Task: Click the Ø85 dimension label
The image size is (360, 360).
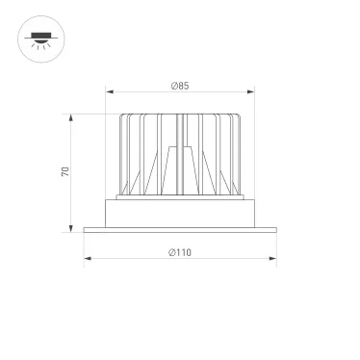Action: click(x=179, y=87)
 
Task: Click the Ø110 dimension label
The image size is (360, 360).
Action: click(x=180, y=252)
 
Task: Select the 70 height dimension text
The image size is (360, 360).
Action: click(x=65, y=172)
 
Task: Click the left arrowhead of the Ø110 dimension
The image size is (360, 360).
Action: click(x=86, y=259)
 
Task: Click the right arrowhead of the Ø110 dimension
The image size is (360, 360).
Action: click(x=274, y=259)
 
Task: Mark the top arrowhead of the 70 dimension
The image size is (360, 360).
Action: click(x=73, y=116)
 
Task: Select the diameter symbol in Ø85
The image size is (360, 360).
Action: click(x=172, y=87)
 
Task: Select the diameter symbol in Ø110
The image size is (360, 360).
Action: click(x=170, y=252)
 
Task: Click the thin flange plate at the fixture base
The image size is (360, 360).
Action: click(x=180, y=229)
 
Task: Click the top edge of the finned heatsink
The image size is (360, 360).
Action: click(x=180, y=116)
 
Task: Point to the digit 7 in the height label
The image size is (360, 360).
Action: click(x=65, y=175)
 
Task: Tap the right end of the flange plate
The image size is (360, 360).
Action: click(x=274, y=229)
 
